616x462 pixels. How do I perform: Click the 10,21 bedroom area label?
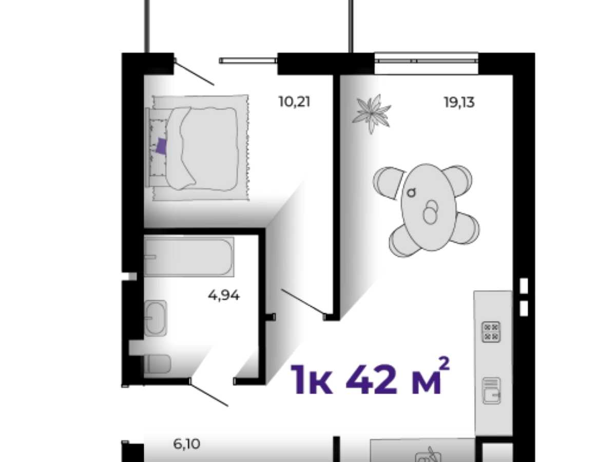(x=294, y=101)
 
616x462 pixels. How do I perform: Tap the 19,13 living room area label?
(x=459, y=102)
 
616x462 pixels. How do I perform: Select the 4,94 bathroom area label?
(x=223, y=295)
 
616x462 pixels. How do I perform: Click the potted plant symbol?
(x=371, y=113)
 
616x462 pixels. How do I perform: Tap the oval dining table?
(x=429, y=207)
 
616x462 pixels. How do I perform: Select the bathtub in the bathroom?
(x=188, y=257)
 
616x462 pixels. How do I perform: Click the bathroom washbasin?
(x=155, y=318)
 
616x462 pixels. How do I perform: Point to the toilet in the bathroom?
(x=157, y=364)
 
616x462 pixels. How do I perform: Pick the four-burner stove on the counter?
(x=491, y=332)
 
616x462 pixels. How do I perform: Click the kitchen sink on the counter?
(x=491, y=391)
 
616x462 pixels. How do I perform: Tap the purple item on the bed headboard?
(x=161, y=146)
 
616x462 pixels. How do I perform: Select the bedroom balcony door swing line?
(x=194, y=73)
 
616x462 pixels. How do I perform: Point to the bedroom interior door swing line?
(x=303, y=301)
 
